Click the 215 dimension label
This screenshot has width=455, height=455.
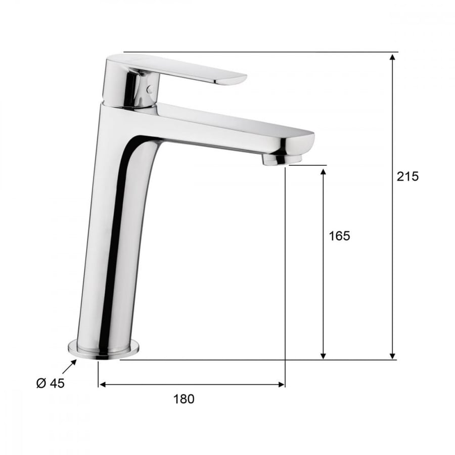tap(407, 176)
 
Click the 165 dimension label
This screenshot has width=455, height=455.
tap(339, 236)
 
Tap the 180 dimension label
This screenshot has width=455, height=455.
tap(184, 399)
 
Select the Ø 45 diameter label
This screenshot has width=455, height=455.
tap(50, 383)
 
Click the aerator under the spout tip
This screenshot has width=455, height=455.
tap(282, 159)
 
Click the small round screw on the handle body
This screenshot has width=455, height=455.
tap(150, 89)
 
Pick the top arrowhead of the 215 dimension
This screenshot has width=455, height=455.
tap(393, 57)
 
